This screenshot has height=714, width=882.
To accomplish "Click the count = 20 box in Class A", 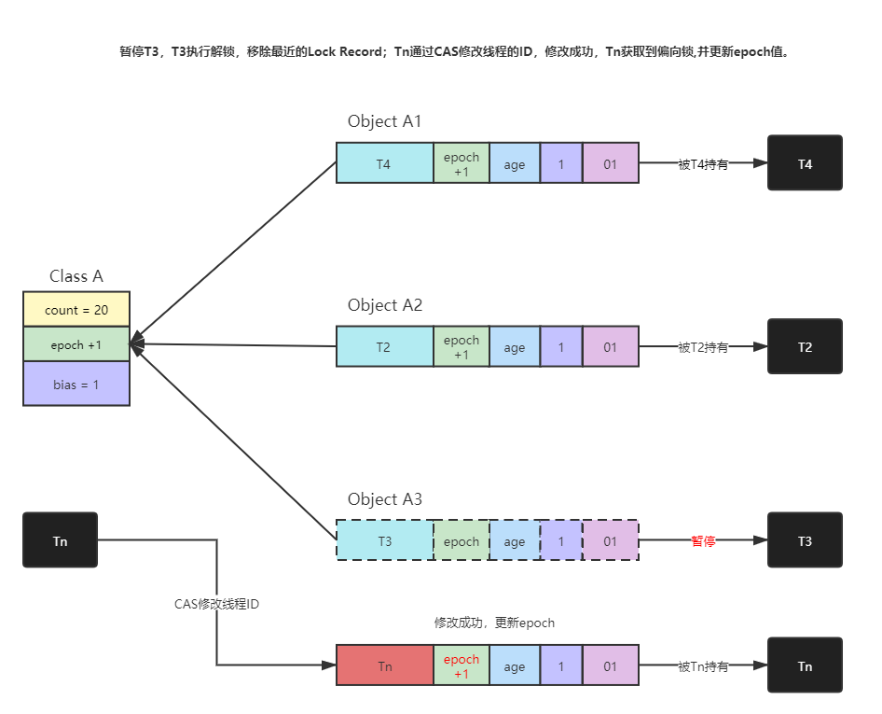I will pos(76,309).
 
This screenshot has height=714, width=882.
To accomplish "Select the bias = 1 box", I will pos(76,384).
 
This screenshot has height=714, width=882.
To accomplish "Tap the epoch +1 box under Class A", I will pos(76,344).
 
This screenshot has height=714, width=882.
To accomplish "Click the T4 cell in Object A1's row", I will pos(384,163).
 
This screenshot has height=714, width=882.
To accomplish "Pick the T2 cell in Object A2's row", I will pos(384,347).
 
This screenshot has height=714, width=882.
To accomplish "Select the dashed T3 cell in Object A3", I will pos(384,540).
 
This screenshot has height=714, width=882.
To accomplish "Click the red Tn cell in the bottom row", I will pos(384,665).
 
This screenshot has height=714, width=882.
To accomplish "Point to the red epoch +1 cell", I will pos(462,665).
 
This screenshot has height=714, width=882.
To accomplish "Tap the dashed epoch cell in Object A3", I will pos(462,540).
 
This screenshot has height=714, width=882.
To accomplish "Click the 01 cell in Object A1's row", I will pos(610,163).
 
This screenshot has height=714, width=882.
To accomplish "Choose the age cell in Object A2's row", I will pos(515,347).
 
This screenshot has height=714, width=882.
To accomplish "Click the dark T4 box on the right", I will pos(805,163).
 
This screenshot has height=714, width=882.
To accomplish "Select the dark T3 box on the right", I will pos(805,540).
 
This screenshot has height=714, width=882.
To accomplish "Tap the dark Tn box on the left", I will pos(60,540).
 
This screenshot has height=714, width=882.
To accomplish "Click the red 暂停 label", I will pos(703,540).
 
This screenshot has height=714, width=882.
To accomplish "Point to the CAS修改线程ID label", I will pos(217,604).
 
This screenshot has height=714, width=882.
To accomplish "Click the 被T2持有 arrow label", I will pos(703,347).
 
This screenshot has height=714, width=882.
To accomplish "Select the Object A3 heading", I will pos(385,499).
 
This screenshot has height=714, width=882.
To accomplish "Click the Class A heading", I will pos(76,276).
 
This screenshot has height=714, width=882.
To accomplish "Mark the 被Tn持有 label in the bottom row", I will pos(703,665).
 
